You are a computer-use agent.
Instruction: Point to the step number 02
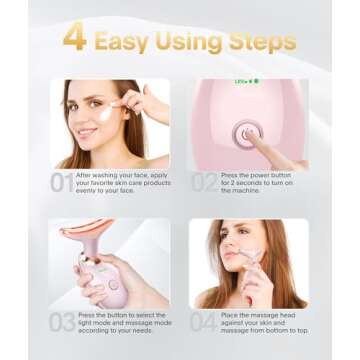coord(204,183)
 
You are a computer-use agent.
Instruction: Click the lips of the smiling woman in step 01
coord(87,132)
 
